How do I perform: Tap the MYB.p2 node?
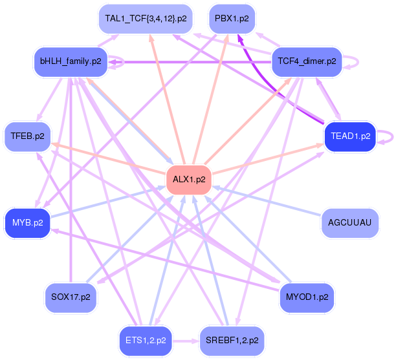[x=27, y=223]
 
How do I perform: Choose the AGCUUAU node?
[x=349, y=223]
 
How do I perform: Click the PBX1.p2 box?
[x=232, y=19]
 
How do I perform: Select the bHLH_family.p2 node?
[x=71, y=61]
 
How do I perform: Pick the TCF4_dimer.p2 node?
[x=307, y=61]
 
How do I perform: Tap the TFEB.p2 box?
[x=27, y=136]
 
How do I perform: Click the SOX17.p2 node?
[x=71, y=298]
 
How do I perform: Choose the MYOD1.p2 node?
[x=307, y=298]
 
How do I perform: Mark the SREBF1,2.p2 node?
[x=232, y=339]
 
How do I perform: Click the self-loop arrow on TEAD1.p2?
[x=386, y=136]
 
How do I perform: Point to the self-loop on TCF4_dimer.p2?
[x=351, y=61]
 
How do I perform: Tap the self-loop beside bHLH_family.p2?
[x=117, y=63]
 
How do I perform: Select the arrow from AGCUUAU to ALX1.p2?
[x=269, y=202]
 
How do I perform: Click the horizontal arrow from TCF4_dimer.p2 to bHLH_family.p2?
[x=194, y=62]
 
